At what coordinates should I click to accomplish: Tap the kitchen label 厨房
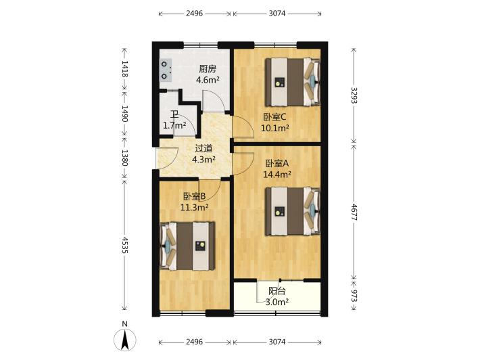point(208,69)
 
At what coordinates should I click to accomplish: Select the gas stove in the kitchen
point(166,70)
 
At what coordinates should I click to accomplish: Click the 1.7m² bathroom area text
point(174,125)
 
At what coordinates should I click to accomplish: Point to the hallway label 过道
point(203,148)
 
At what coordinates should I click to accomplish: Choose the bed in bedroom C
point(293,82)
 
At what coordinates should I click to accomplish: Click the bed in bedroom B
point(187,246)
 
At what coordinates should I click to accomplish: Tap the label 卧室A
point(277,164)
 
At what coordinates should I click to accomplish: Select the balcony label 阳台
point(277,291)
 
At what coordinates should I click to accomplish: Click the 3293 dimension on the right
point(354,95)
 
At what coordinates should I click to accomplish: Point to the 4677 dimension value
point(354,212)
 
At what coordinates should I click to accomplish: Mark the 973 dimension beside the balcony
point(354,296)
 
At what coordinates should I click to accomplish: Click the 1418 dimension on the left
point(124,68)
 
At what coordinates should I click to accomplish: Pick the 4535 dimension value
point(124,245)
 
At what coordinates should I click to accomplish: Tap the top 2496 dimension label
point(195,13)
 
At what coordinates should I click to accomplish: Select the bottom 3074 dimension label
point(277,342)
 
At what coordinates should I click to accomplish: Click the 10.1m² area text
point(275,128)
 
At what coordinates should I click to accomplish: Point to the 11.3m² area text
point(195,208)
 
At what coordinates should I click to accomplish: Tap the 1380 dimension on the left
point(124,158)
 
